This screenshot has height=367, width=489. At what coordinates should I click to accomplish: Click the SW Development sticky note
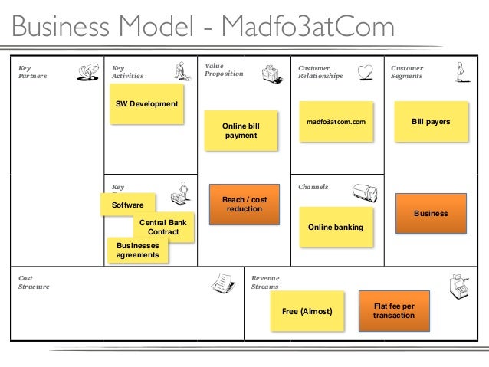pos(146,104)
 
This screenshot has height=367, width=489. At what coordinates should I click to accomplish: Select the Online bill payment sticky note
pos(240,130)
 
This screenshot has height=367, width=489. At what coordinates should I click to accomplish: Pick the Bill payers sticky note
pos(431,122)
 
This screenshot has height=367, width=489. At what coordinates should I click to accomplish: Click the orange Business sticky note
pos(431,213)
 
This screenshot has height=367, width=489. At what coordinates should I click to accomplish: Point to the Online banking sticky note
pos(335,228)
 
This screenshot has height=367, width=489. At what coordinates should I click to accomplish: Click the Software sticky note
pos(127,205)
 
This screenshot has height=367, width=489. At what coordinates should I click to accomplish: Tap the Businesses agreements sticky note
pos(138,250)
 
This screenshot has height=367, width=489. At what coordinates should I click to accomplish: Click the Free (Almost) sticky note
pos(307,312)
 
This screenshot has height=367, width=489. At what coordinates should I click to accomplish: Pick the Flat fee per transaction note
pos(393,310)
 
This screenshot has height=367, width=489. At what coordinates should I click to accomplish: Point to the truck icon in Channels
pos(364,195)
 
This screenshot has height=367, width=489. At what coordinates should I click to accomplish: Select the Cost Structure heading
pos(34,282)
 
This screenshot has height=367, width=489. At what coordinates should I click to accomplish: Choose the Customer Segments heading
pos(407,72)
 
